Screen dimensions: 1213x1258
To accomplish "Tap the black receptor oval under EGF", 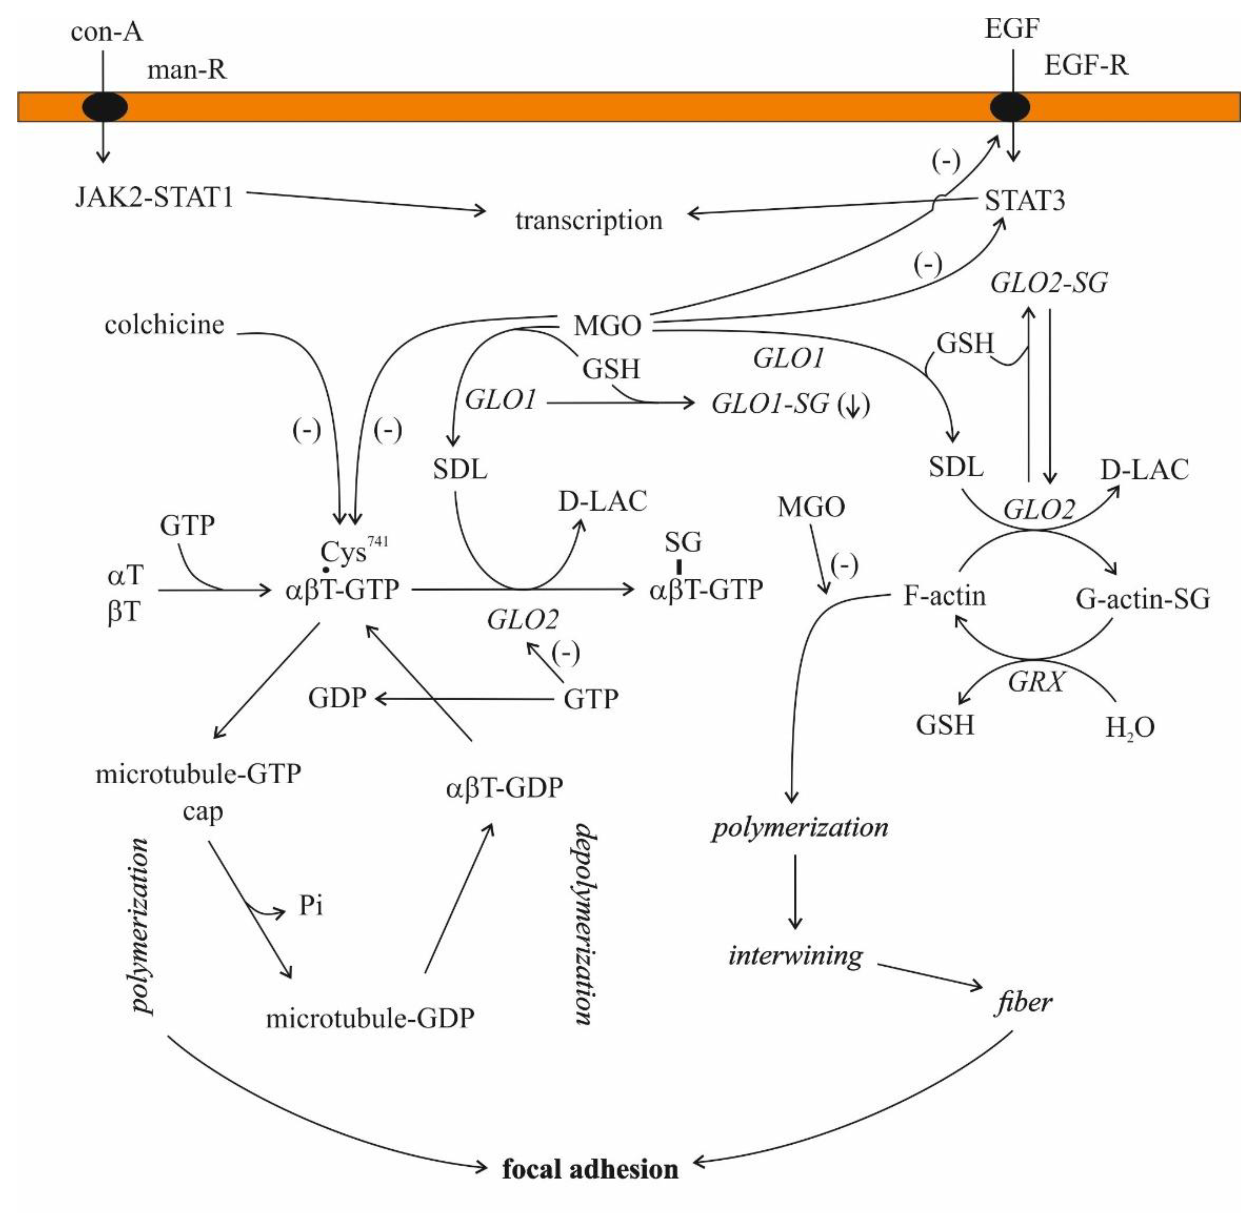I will point(1010,107).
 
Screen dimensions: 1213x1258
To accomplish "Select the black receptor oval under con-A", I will point(105,107).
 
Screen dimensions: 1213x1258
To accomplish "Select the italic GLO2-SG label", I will point(1049,283).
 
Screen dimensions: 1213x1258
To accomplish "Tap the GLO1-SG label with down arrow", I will point(789,404).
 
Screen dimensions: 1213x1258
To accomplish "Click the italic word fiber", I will point(1023,1002).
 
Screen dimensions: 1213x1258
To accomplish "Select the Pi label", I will point(311,906).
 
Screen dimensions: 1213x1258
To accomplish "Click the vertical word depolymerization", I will point(584,924).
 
